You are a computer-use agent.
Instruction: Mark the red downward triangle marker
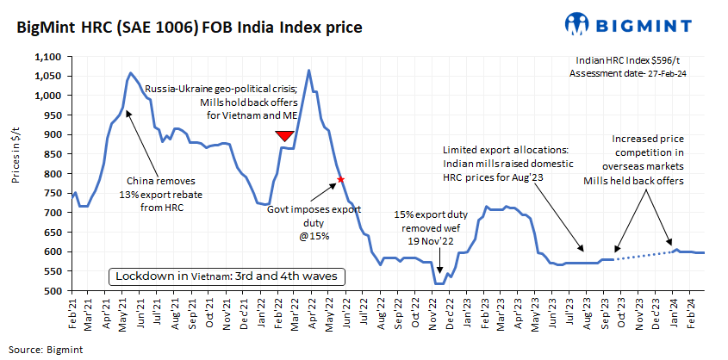click(x=284, y=136)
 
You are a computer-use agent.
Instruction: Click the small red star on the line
click(x=341, y=179)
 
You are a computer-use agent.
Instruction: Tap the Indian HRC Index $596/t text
click(x=628, y=61)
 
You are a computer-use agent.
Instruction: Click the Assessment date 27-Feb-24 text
click(x=628, y=74)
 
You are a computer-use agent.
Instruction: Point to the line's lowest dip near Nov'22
click(x=439, y=283)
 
